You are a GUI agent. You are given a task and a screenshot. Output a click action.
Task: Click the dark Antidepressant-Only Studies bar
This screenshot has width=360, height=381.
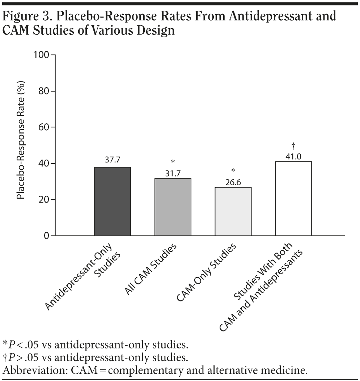click(x=113, y=201)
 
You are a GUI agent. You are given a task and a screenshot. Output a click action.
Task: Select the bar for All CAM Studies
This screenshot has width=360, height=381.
click(x=173, y=207)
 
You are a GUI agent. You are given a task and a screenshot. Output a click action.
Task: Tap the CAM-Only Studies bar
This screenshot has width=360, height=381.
click(x=233, y=211)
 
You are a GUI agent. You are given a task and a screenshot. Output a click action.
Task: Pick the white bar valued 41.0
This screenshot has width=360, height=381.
click(x=293, y=198)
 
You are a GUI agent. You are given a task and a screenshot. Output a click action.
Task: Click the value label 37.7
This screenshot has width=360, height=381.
click(x=113, y=160)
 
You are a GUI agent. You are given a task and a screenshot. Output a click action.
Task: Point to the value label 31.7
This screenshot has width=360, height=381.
click(x=173, y=173)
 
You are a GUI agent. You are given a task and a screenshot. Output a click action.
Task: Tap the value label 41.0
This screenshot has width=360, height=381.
click(x=293, y=157)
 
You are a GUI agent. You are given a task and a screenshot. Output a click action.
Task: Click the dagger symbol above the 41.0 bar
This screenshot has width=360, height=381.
click(x=293, y=145)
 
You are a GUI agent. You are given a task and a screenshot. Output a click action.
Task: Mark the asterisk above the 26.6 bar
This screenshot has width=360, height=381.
click(x=233, y=170)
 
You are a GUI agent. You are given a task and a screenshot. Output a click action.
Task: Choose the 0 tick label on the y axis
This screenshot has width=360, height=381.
click(x=47, y=236)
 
